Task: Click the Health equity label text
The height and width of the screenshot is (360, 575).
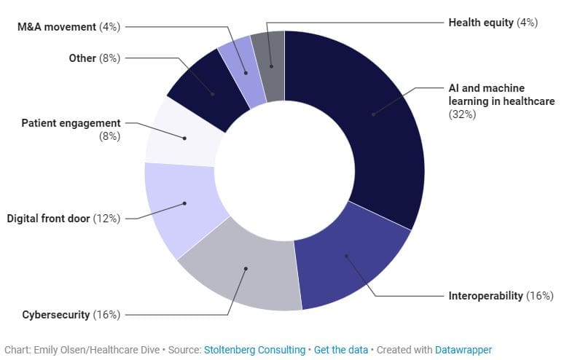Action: tap(492, 23)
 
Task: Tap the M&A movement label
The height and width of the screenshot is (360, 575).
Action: tap(69, 27)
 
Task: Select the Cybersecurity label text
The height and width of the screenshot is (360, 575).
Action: tap(71, 315)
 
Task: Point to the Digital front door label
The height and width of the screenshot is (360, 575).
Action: tap(63, 218)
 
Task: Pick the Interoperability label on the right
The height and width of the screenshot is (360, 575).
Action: tap(500, 296)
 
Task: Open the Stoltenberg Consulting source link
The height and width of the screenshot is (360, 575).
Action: tap(254, 350)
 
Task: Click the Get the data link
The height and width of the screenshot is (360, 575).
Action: tap(341, 350)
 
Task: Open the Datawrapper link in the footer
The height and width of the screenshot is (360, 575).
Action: tap(463, 350)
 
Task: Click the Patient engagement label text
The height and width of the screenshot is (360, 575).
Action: tap(71, 123)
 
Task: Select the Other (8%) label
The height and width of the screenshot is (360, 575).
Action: tap(94, 58)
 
